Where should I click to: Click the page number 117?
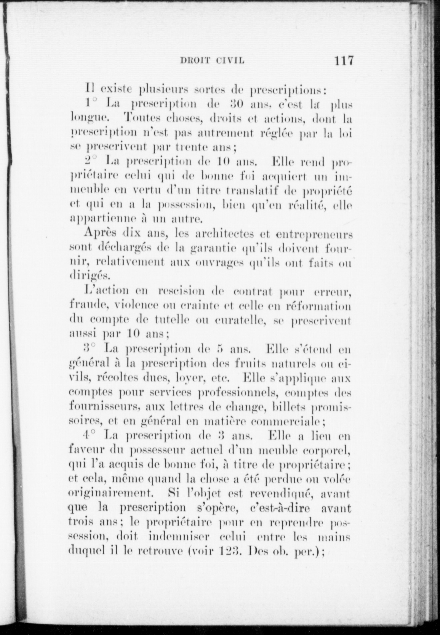(x=340, y=61)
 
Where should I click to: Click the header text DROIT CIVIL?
(x=212, y=61)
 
